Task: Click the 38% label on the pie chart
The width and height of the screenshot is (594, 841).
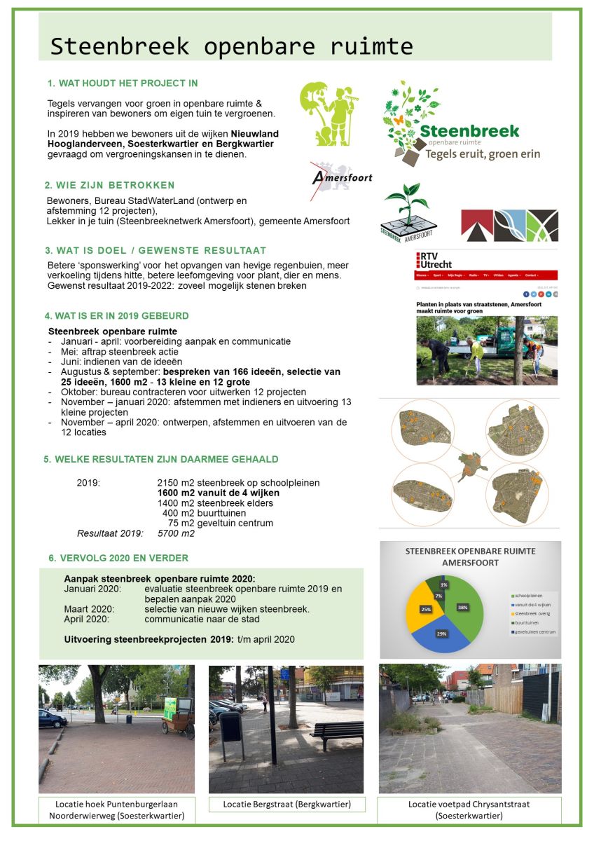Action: pyautogui.click(x=463, y=607)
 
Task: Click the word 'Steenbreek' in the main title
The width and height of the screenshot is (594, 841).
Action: pyautogui.click(x=120, y=46)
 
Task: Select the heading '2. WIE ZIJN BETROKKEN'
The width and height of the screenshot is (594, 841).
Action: pyautogui.click(x=109, y=185)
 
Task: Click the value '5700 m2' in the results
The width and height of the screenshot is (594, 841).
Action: pyautogui.click(x=176, y=533)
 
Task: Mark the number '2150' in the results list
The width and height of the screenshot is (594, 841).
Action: pyautogui.click(x=170, y=483)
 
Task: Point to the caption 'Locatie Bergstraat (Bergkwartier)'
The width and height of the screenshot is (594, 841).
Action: pyautogui.click(x=287, y=803)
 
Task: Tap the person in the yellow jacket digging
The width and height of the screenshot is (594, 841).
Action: pyautogui.click(x=476, y=350)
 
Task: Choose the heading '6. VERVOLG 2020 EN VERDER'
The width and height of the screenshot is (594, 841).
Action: pyautogui.click(x=118, y=558)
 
